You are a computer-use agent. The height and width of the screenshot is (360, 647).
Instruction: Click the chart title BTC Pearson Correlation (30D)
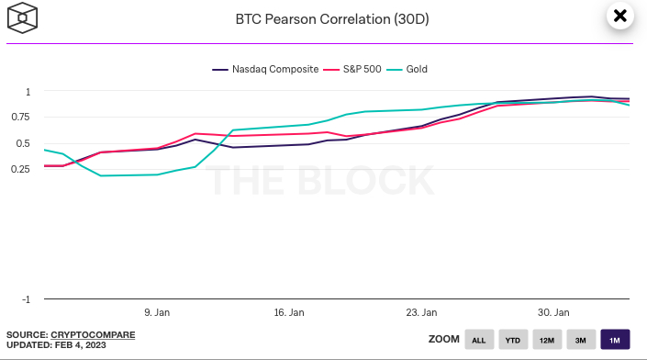323,17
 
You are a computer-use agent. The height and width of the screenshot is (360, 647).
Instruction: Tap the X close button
619,16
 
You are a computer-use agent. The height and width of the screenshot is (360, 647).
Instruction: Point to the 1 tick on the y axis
28,91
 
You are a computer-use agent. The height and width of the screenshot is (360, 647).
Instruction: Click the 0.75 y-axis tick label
20,117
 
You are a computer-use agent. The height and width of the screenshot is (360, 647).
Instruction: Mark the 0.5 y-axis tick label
23,142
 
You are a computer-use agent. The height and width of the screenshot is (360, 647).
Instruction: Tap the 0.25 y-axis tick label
20,168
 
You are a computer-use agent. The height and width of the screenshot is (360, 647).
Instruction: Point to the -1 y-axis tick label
26,299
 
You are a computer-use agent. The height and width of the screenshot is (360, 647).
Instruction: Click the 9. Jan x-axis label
157,312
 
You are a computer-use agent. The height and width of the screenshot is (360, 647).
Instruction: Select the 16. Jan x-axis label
290,312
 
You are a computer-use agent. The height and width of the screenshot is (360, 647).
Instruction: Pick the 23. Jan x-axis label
422,312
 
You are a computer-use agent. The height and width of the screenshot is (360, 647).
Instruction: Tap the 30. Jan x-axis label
554,312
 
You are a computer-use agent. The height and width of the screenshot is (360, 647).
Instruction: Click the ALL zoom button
478,340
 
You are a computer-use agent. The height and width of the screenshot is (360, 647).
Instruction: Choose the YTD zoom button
512,340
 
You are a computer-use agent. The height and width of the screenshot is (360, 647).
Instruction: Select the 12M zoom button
546,340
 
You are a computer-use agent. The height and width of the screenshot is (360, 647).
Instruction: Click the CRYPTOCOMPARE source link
93,333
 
